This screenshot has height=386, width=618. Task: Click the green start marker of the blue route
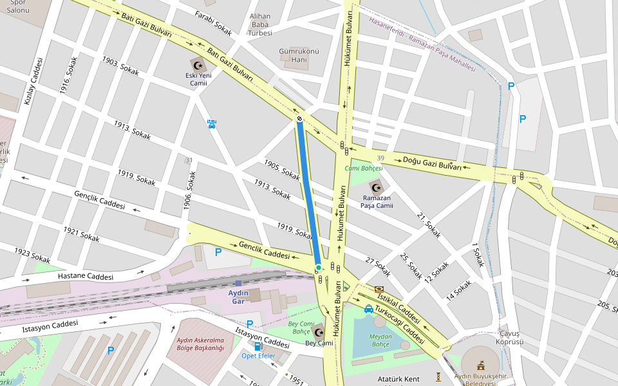318,268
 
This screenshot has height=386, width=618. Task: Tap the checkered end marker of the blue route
300,118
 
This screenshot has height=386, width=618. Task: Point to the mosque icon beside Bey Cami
319,333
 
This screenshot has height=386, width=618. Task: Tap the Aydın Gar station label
238,297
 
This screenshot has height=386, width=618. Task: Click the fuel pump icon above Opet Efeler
258,346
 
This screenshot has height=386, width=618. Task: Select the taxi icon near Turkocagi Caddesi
368,309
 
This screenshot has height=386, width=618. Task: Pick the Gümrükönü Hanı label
299,55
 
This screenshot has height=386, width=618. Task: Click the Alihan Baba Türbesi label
261,24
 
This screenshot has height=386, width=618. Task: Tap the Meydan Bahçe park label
380,340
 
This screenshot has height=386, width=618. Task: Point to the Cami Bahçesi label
364,169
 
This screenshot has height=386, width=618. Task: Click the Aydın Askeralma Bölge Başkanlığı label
200,344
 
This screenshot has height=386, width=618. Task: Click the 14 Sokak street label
459,289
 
